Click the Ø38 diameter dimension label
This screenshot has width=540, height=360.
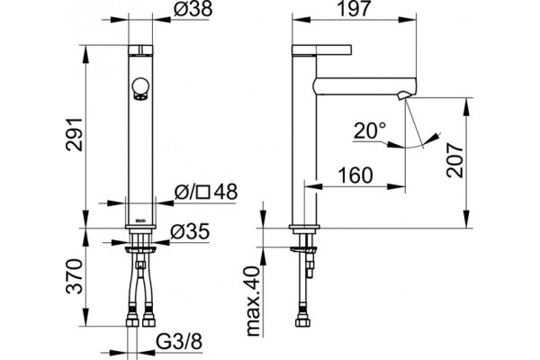(193, 9)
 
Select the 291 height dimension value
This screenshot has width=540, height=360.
(75, 134)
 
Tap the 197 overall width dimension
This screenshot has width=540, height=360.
(355, 9)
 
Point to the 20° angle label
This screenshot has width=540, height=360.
(370, 130)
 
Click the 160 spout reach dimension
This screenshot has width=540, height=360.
(355, 175)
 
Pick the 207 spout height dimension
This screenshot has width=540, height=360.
(454, 160)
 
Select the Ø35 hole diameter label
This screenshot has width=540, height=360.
(190, 231)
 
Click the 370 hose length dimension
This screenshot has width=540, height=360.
(75, 276)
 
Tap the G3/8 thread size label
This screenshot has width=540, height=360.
(179, 342)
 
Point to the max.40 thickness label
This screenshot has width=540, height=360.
(254, 301)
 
